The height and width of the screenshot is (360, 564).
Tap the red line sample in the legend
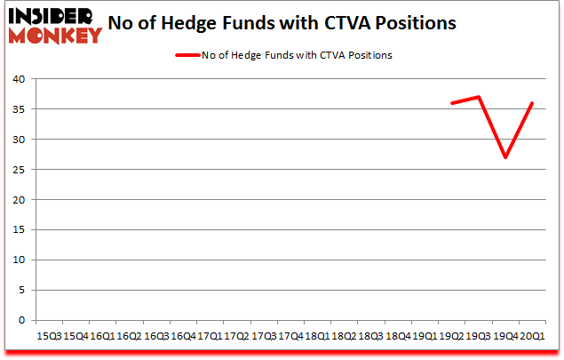(x=188, y=55)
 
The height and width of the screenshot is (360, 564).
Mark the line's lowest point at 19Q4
(x=505, y=157)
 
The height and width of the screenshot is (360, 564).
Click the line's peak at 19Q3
(x=479, y=97)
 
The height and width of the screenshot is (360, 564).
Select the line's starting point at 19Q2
(x=452, y=103)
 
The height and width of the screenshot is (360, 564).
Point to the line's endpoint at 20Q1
(x=531, y=103)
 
